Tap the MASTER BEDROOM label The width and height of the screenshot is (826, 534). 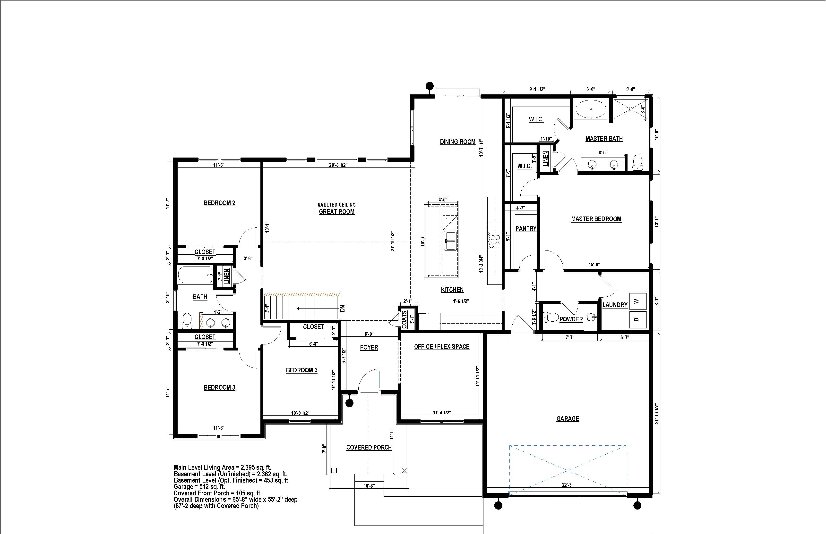tap(596, 219)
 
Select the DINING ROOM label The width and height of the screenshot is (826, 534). tap(457, 142)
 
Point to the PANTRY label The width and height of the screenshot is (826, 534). tap(526, 228)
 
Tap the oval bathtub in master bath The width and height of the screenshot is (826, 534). tap(591, 109)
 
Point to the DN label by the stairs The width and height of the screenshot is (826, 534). tap(343, 308)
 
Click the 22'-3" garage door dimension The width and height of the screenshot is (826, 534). tap(568, 485)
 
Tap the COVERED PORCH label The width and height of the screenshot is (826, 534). tap(369, 447)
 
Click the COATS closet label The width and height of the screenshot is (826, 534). tap(404, 319)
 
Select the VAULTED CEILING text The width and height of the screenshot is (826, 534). tap(337, 205)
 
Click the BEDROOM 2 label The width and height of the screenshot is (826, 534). tap(219, 203)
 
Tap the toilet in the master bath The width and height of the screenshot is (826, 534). tap(637, 163)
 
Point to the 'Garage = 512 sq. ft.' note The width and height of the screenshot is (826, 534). tap(199, 487)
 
